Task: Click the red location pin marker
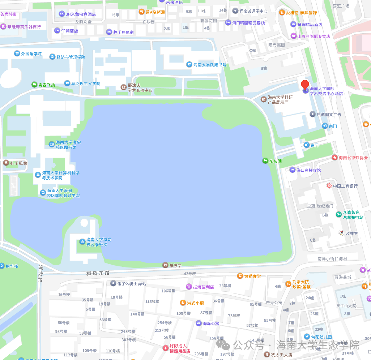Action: click(x=305, y=85)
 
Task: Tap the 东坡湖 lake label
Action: click(x=275, y=161)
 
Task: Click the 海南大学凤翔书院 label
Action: click(x=210, y=65)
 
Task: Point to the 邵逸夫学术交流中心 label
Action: click(x=140, y=87)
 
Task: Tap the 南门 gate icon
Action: click(x=325, y=126)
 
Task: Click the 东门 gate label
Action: click(x=314, y=145)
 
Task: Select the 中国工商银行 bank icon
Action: click(x=329, y=186)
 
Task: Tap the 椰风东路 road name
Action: click(x=98, y=273)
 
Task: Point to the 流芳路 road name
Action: click(x=40, y=274)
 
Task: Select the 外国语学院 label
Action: click(x=31, y=54)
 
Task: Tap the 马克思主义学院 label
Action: click(x=85, y=83)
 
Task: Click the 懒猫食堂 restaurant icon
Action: click(x=240, y=276)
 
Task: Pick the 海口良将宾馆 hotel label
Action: click(x=308, y=170)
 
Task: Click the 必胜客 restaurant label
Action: click(x=351, y=233)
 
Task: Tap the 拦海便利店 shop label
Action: click(x=203, y=287)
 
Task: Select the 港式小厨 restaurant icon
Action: click(x=183, y=303)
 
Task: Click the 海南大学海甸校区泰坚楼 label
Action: click(x=98, y=242)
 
